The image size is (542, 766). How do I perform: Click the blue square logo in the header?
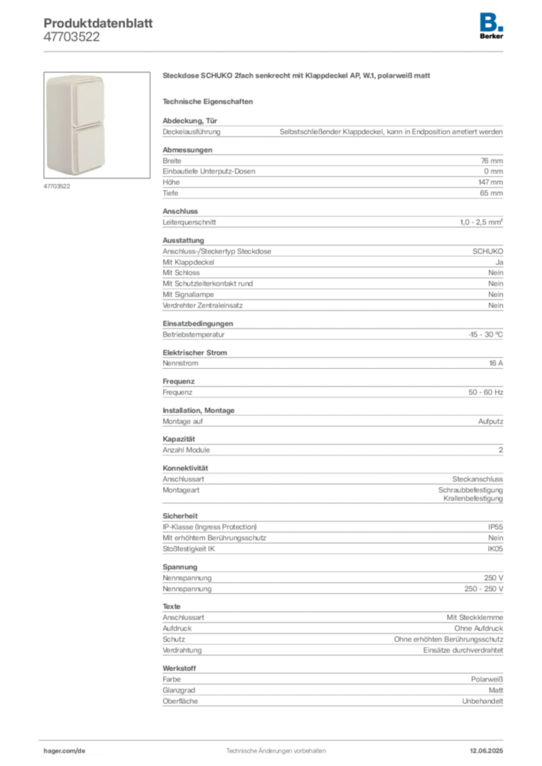coord(489,22)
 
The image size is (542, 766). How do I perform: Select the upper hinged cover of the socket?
coord(76,100)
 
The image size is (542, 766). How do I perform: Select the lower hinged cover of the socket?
coord(76,150)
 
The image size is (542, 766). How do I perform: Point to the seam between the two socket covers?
coord(76,125)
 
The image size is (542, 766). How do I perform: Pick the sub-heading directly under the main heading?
coord(210,101)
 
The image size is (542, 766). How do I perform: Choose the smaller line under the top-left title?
coord(72,42)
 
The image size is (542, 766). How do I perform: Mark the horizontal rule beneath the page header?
coord(275,51)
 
